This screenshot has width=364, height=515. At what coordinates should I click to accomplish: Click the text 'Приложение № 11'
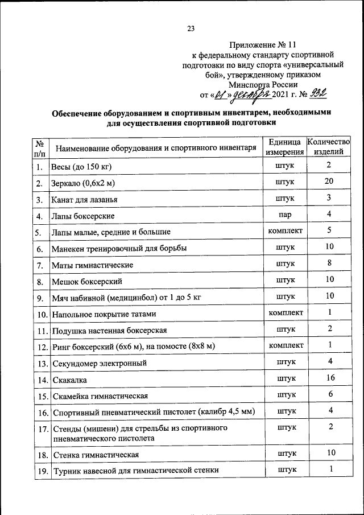click(x=263, y=44)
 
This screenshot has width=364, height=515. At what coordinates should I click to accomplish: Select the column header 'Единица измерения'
click(x=283, y=147)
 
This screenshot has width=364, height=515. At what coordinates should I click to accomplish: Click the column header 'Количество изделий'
click(x=329, y=147)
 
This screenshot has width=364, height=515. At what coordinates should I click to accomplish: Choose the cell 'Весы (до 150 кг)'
click(x=81, y=167)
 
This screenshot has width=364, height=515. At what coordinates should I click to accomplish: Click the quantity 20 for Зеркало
click(x=329, y=182)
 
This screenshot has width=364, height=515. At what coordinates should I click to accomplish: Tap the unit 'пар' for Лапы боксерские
click(x=285, y=215)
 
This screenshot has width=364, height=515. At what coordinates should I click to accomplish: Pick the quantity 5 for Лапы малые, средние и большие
click(x=329, y=230)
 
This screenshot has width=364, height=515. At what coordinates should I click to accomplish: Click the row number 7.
click(x=39, y=265)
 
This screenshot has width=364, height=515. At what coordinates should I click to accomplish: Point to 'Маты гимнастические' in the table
click(x=93, y=265)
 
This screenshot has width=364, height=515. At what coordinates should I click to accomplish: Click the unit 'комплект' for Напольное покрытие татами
click(x=286, y=312)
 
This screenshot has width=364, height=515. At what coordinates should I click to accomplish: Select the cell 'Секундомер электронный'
click(x=100, y=362)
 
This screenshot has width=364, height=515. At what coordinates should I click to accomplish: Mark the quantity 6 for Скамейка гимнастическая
click(x=329, y=394)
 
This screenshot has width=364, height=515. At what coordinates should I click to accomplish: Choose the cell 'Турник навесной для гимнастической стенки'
click(x=136, y=471)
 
